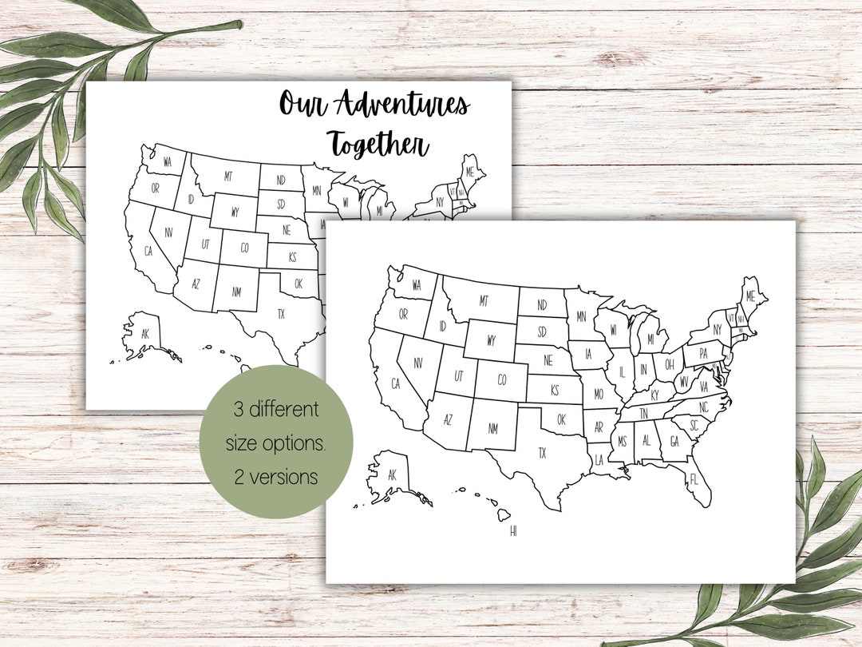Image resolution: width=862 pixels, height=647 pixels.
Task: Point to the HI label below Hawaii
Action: [514, 530]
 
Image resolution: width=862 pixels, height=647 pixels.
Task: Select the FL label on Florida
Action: [694, 480]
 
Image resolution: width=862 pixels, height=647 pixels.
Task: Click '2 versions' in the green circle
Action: [276, 477]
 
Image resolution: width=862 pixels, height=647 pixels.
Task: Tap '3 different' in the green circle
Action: [276, 411]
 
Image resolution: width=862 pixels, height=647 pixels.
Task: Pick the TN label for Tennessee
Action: [644, 415]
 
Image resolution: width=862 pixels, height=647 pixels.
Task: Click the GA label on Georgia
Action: [674, 442]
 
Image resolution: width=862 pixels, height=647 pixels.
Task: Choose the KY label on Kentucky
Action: [654, 395]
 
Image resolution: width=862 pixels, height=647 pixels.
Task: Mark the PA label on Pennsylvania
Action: [703, 352]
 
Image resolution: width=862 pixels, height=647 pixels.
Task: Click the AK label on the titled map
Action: [144, 334]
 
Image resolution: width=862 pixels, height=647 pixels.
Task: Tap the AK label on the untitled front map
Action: [391, 474]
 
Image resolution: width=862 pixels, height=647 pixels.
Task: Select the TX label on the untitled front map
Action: [542, 454]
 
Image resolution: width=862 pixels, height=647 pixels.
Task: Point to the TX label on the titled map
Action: [281, 313]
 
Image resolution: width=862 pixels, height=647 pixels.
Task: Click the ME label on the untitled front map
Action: [749, 296]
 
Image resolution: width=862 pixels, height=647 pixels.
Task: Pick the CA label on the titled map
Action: [148, 251]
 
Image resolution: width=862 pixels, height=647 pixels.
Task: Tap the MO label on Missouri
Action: [598, 395]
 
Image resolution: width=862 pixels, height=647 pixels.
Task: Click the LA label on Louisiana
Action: [599, 459]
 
